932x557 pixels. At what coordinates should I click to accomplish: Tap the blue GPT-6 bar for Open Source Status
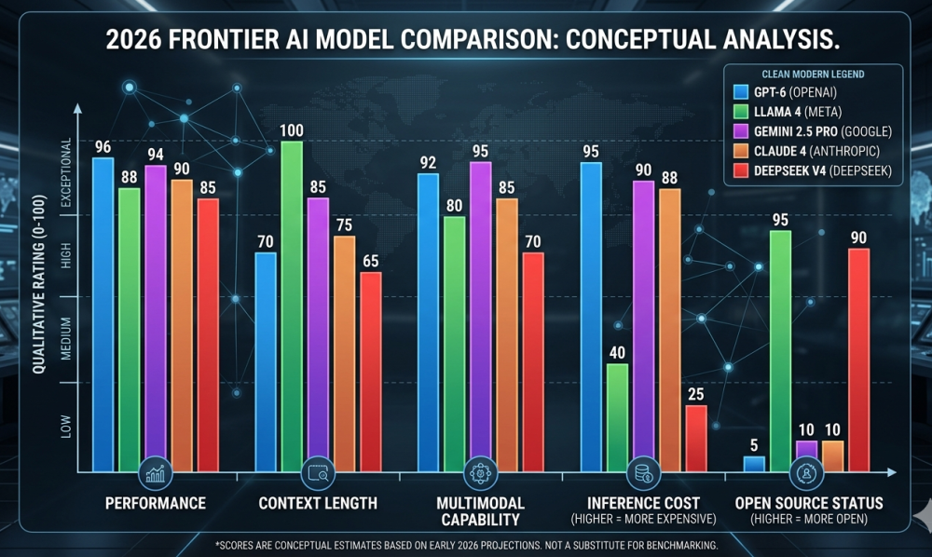coord(754,462)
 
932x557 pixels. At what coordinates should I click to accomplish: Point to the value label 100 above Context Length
coord(291,129)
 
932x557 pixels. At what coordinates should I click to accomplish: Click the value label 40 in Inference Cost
coord(616,351)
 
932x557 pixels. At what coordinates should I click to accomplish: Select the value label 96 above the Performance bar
coord(103,146)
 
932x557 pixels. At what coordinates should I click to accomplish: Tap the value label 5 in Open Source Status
coord(754,444)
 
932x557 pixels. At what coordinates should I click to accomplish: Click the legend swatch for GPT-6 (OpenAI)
coord(742,91)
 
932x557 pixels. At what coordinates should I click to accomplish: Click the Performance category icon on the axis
coord(155,472)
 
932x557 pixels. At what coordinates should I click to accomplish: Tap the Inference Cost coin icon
coord(643,472)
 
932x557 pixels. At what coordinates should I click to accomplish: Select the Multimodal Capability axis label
coord(480,510)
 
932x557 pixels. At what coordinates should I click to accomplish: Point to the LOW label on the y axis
coord(66,427)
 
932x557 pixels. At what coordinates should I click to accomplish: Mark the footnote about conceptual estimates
coord(466,544)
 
